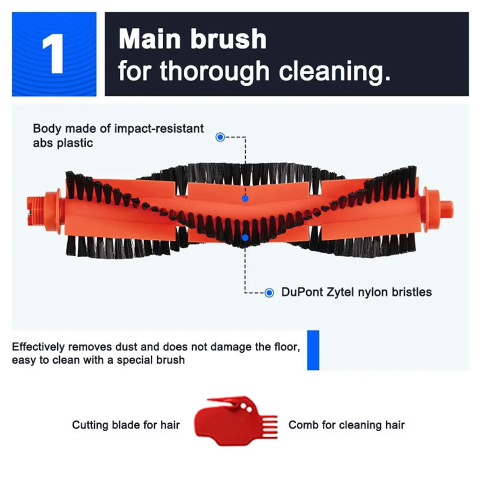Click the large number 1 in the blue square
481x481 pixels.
coord(53,54)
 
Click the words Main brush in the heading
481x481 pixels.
coord(192,39)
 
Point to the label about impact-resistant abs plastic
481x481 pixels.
coord(118,135)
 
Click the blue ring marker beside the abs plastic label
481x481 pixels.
coord(220,137)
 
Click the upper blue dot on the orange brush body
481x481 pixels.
coord(245,198)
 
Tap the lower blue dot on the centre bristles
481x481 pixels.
coord(245,238)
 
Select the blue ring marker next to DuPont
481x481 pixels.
coord(269,293)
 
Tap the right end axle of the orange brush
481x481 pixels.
coord(446,208)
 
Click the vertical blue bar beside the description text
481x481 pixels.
coord(313,350)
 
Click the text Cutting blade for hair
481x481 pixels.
coord(126,425)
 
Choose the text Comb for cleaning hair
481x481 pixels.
coord(346,425)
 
